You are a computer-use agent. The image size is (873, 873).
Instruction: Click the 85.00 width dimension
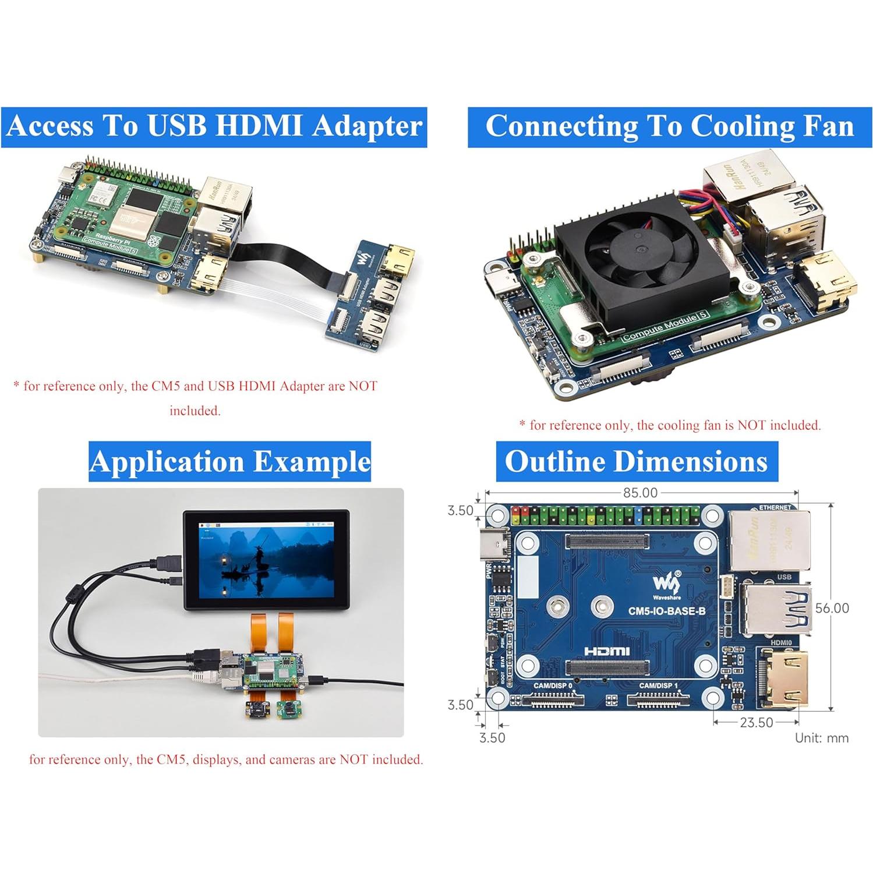click(640, 493)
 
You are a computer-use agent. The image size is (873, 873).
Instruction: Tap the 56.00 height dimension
click(832, 608)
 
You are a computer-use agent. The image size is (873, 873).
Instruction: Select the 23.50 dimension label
click(756, 723)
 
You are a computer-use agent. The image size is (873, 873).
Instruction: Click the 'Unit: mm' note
click(821, 738)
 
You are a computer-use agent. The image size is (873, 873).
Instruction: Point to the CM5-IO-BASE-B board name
click(666, 611)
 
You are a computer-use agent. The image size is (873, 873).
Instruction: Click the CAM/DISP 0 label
click(553, 685)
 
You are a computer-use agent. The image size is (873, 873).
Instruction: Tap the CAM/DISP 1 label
click(658, 685)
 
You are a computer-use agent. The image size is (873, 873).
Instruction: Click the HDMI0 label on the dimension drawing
click(781, 642)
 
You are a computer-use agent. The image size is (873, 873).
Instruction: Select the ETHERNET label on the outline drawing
click(775, 507)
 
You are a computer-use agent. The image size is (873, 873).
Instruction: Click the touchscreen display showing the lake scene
click(267, 561)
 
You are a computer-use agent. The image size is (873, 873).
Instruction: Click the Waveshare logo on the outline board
click(666, 584)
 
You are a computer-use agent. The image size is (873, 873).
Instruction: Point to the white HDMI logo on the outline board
click(606, 651)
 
